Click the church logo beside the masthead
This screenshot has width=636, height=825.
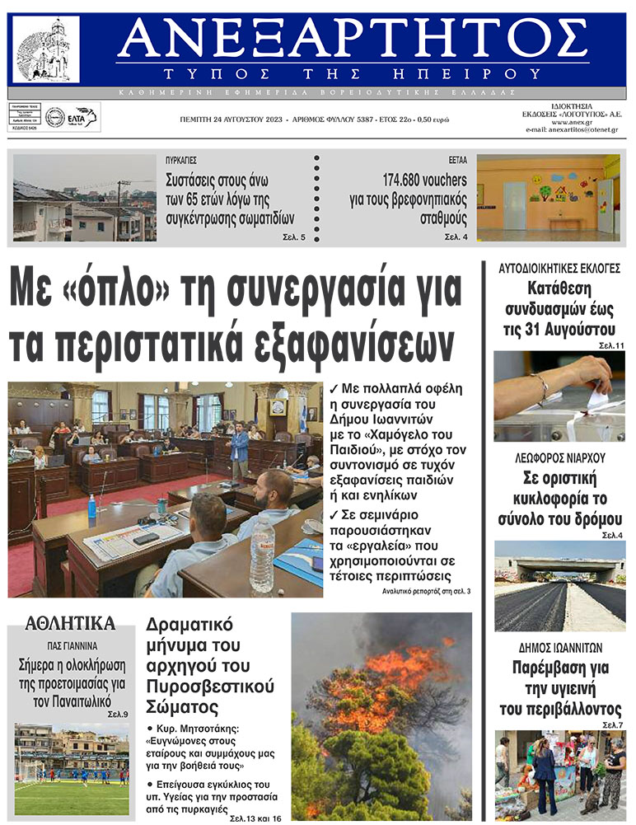pos(47,49)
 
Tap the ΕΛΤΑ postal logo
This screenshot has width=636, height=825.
pos(84,116)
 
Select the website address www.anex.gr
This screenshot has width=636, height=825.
pos(573,121)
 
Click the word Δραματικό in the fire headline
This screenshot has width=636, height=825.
pos(189,623)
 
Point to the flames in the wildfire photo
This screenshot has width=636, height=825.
pos(387,684)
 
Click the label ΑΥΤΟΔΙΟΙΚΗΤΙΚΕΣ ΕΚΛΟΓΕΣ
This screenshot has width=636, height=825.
pos(559,269)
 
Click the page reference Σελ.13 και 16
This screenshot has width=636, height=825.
pos(255,818)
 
